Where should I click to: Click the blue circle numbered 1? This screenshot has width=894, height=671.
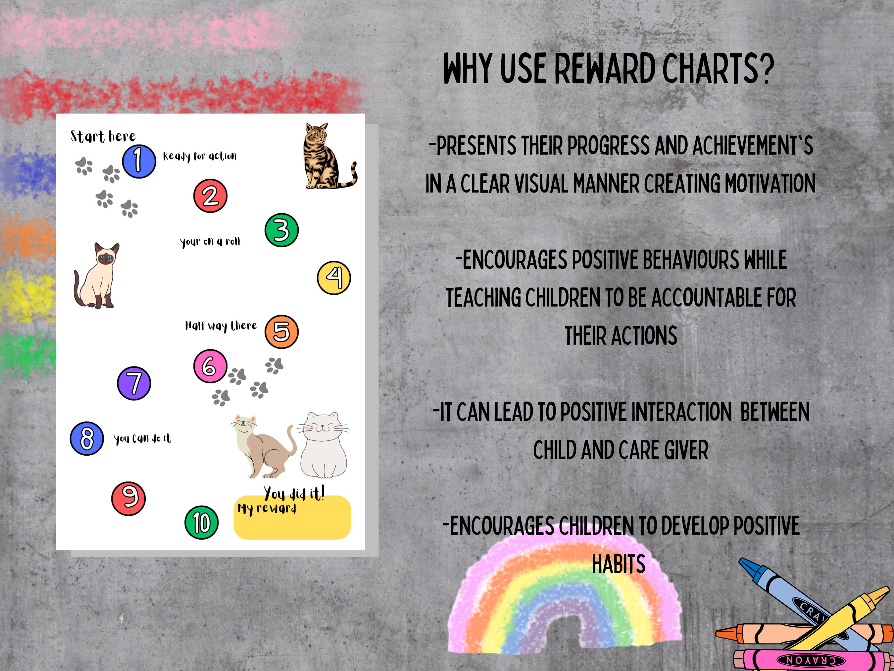(139, 161)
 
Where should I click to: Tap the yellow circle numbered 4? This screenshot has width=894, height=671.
(334, 277)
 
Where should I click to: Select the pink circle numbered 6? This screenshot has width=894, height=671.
(210, 366)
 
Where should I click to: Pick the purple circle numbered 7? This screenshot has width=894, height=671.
(134, 383)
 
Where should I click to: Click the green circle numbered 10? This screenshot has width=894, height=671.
(201, 522)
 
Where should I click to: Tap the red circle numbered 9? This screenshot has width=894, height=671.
(128, 498)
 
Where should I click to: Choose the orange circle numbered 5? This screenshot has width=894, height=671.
(281, 332)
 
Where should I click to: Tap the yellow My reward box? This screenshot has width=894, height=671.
(292, 522)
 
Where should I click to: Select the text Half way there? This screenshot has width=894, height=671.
(221, 326)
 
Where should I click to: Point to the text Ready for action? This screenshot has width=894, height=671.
(199, 156)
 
